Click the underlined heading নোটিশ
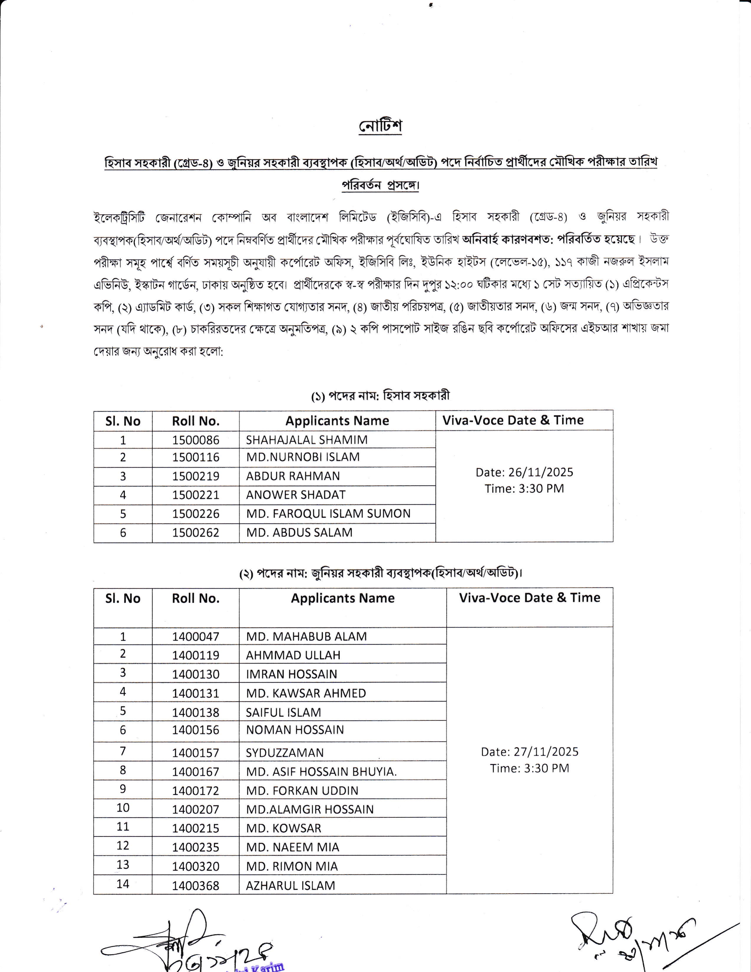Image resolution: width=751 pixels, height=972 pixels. [380, 126]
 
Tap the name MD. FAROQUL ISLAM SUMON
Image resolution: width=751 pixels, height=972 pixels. [328, 514]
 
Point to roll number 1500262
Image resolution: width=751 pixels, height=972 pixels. [196, 532]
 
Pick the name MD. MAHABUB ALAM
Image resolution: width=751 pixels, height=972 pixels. [306, 636]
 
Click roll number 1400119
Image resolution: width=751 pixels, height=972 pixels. [196, 655]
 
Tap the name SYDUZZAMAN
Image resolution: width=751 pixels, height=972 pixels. [284, 753]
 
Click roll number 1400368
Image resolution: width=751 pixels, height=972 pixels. [196, 886]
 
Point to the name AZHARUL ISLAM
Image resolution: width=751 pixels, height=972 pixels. [290, 886]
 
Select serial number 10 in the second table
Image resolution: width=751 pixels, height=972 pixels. [123, 808]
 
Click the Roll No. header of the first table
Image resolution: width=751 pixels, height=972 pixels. [196, 421]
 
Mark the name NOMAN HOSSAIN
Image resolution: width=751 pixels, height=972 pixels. [295, 730]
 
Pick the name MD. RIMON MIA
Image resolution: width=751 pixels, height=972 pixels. [292, 867]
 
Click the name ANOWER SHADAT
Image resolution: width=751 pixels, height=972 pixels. [296, 495]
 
